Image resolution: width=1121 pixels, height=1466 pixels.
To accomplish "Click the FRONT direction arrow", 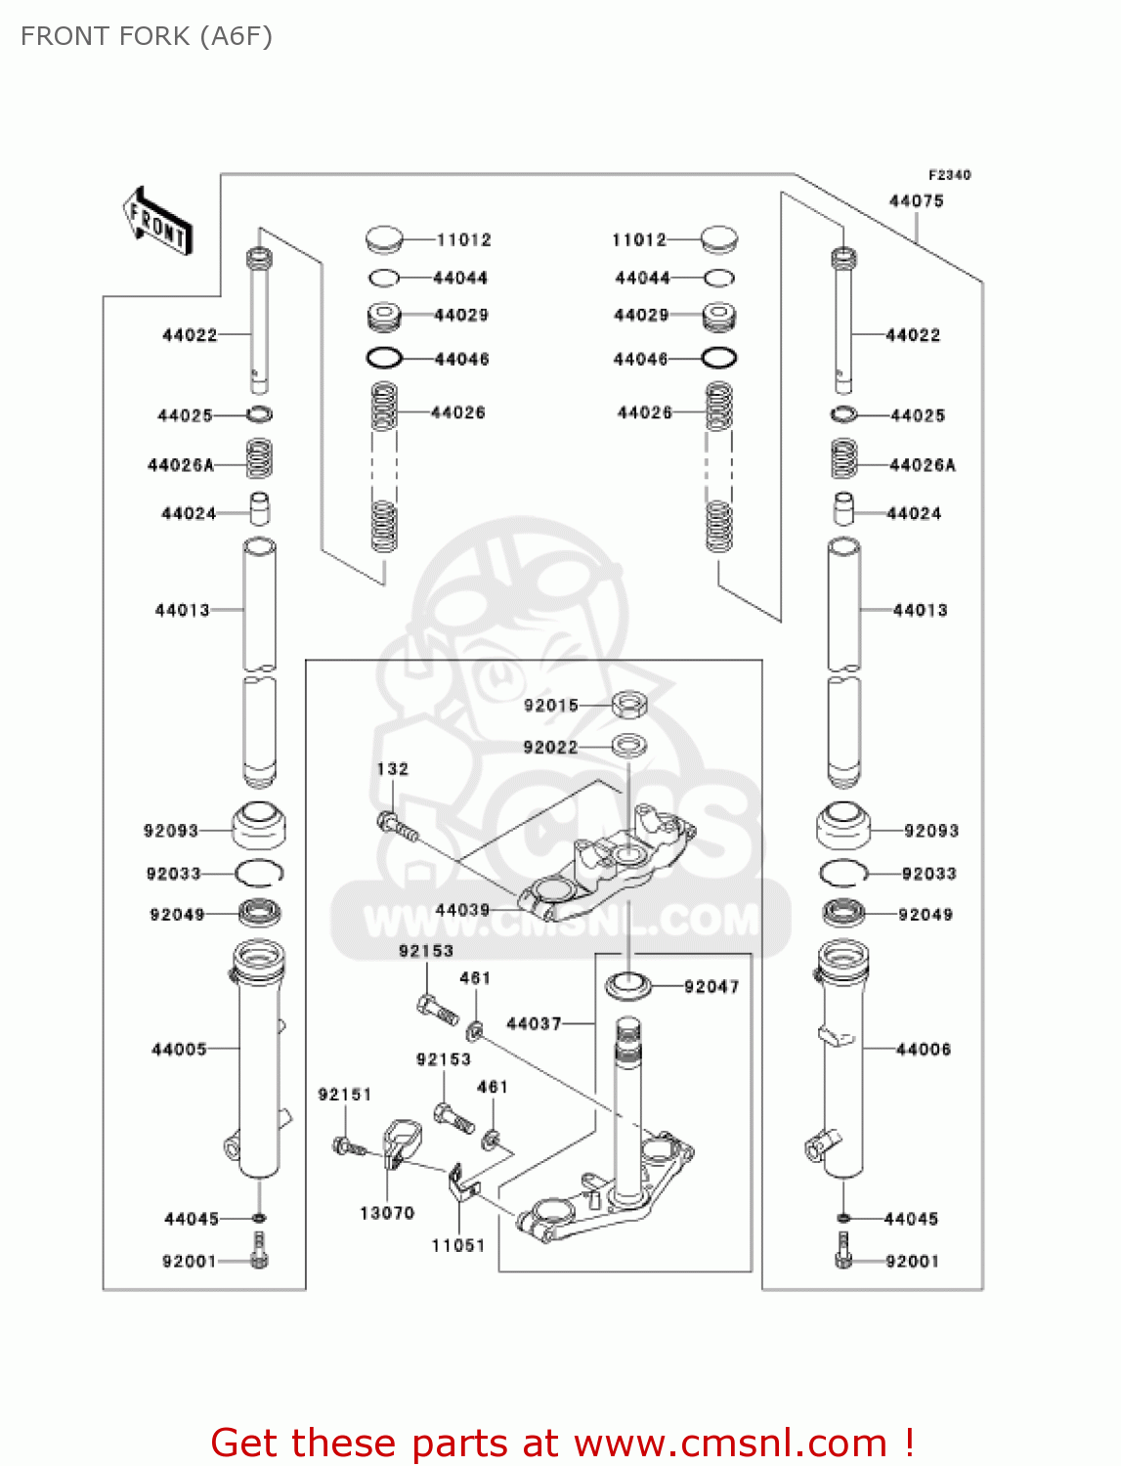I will pyautogui.click(x=156, y=222).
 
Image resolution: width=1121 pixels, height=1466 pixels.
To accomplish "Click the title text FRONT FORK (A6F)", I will pyautogui.click(x=147, y=36).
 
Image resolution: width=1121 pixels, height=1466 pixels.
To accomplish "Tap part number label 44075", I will pyautogui.click(x=916, y=201).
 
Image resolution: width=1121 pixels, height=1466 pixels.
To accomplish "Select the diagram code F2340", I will pyautogui.click(x=949, y=175).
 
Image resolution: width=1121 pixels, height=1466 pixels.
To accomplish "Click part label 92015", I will pyautogui.click(x=551, y=706).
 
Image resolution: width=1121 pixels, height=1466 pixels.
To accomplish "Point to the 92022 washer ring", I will pyautogui.click(x=629, y=747).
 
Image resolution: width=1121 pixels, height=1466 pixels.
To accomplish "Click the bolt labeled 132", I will pyautogui.click(x=397, y=826).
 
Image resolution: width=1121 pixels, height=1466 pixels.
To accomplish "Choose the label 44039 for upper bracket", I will pyautogui.click(x=462, y=910).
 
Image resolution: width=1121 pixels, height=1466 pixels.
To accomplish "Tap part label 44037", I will pyautogui.click(x=534, y=1023).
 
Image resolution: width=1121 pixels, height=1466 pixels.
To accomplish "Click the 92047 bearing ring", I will pyautogui.click(x=628, y=985).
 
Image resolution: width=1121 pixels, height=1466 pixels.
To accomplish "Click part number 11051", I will pyautogui.click(x=458, y=1245).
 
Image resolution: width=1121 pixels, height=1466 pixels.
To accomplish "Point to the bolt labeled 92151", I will pyautogui.click(x=347, y=1146).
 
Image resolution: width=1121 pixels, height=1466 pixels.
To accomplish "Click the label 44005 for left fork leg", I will pyautogui.click(x=179, y=1050).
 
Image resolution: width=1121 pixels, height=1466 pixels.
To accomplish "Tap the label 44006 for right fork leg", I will pyautogui.click(x=923, y=1050).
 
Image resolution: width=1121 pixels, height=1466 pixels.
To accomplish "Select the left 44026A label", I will pyautogui.click(x=181, y=465).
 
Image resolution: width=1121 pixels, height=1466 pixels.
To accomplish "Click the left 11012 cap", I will pyautogui.click(x=384, y=238).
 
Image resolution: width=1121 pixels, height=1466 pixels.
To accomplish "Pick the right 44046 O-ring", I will pyautogui.click(x=719, y=359).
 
